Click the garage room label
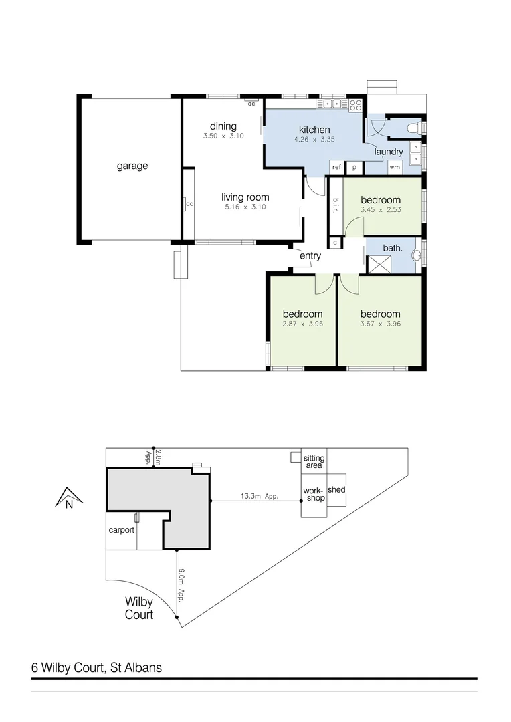coord(132,166)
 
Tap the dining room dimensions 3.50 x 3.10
coord(223,136)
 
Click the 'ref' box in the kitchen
coord(336,167)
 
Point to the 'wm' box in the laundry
coord(395,167)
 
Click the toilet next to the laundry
coord(415,126)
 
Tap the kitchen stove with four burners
coord(355,105)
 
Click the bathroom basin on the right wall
coord(418,254)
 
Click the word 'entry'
coord(310,255)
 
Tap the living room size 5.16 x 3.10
coord(245,207)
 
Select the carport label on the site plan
coord(122,530)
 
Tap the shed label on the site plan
coord(336,490)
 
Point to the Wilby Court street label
coord(139,608)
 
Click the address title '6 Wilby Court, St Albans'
coord(96,667)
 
